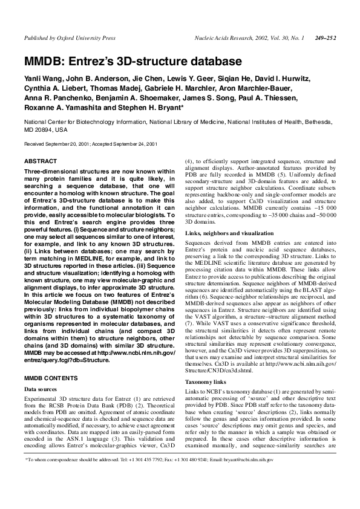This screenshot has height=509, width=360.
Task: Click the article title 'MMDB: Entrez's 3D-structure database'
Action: [133, 62]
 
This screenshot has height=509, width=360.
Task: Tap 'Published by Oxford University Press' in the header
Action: [69, 38]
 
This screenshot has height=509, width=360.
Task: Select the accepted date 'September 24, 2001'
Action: [135, 144]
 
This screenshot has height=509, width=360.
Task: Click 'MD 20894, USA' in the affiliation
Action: [46, 129]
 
